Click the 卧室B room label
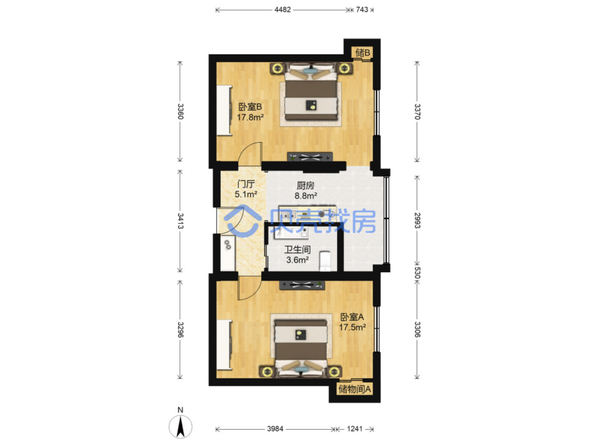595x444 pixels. (x=250, y=107)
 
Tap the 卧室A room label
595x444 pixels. (x=352, y=317)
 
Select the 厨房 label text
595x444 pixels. (x=305, y=186)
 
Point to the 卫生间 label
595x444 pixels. (x=297, y=250)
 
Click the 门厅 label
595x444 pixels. (x=246, y=184)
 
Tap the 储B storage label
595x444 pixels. (x=362, y=53)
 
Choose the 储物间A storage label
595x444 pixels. (x=354, y=389)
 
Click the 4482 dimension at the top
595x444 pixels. (x=282, y=10)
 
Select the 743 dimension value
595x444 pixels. (x=361, y=10)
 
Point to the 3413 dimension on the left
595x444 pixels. (x=181, y=221)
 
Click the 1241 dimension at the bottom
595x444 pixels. (x=355, y=429)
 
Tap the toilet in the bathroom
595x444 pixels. (x=325, y=261)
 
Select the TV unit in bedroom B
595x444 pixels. (x=310, y=157)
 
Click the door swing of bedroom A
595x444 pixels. (x=250, y=288)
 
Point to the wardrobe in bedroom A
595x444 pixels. (x=224, y=344)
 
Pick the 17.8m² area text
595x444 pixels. (x=250, y=117)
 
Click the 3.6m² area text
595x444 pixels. (x=297, y=260)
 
